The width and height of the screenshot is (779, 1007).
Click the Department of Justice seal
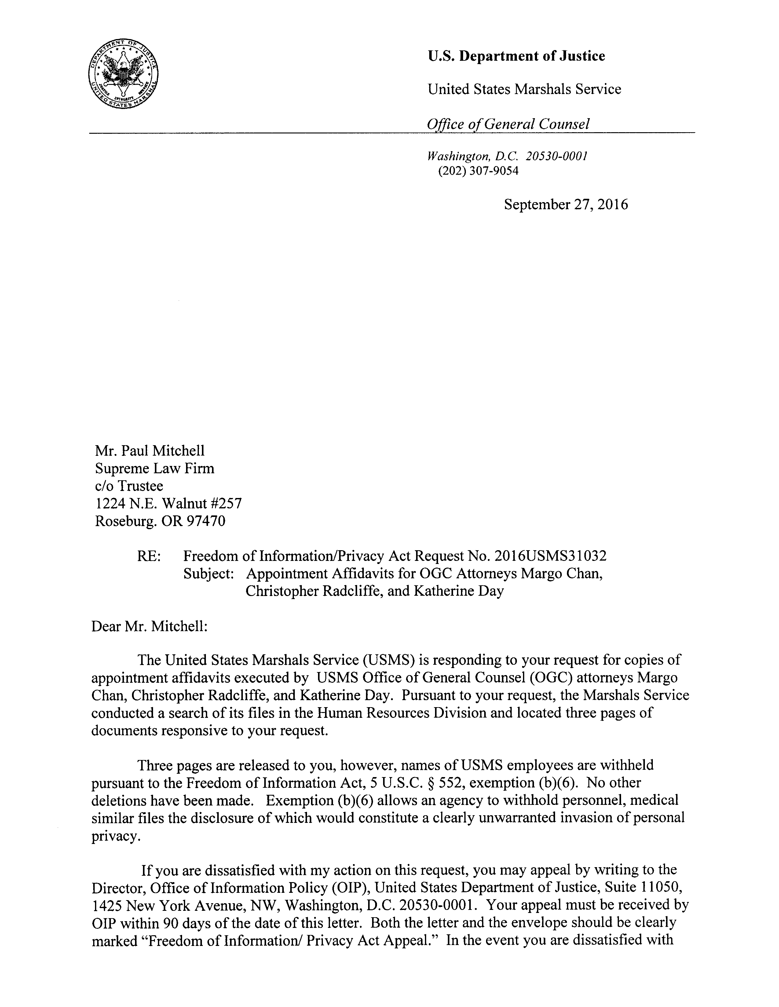(122, 75)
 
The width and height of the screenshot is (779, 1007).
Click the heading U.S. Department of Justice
(516, 56)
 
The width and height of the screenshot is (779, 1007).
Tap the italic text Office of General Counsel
(508, 124)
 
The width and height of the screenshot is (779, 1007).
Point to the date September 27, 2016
(565, 204)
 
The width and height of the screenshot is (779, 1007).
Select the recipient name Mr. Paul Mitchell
(150, 450)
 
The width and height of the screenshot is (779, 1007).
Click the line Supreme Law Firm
(155, 468)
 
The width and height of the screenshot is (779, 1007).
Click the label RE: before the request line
(148, 556)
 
